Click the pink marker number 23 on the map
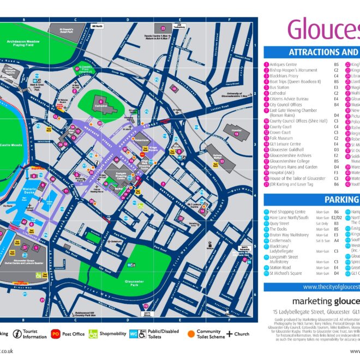pos(163,27)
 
